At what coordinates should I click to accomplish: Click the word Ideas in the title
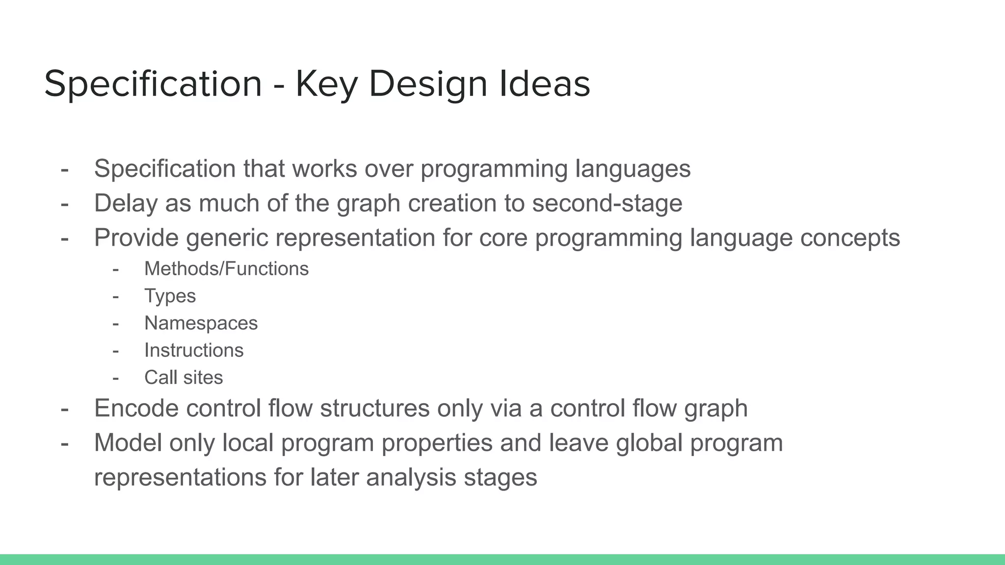(x=545, y=84)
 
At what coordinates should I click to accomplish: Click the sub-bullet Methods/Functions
(x=226, y=269)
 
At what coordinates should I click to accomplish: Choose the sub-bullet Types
(x=170, y=296)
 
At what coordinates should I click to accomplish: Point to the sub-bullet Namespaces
(x=201, y=323)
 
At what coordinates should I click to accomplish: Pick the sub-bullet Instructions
(x=194, y=350)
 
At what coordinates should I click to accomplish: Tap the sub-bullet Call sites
(x=184, y=378)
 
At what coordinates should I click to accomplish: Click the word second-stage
(x=607, y=203)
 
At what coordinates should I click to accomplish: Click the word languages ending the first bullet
(x=633, y=169)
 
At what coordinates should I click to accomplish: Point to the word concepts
(x=850, y=238)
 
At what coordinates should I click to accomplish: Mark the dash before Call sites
(x=116, y=378)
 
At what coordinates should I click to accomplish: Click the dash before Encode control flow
(x=64, y=408)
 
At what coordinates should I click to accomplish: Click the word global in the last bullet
(x=649, y=442)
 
